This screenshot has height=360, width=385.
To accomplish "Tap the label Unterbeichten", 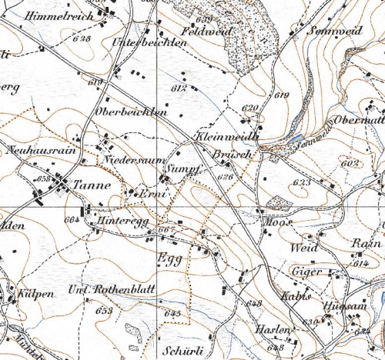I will click(x=150, y=43).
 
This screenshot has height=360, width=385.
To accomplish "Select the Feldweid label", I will click(x=206, y=32).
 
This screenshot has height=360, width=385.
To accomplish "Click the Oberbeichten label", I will click(x=130, y=112).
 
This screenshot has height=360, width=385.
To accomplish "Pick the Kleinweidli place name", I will click(x=226, y=135).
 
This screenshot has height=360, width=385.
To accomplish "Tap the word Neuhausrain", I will click(x=43, y=151).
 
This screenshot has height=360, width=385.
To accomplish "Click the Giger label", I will click(x=306, y=272).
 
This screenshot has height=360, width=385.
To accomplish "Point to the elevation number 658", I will click(x=44, y=178).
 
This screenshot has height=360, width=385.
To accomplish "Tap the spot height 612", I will click(x=181, y=89).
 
